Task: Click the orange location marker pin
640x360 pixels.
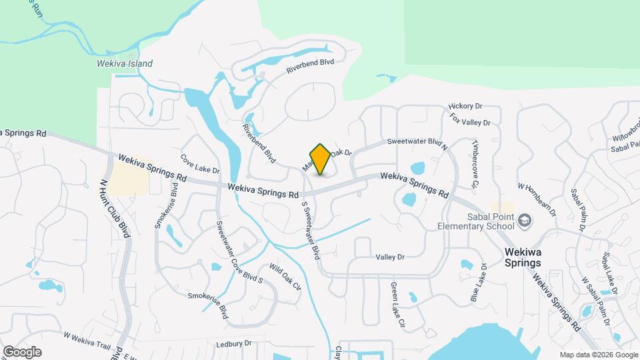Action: pos(320,159)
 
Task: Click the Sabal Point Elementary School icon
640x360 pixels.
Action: pos(525,219)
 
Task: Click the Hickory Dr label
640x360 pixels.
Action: pos(465,106)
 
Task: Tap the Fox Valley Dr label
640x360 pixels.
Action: pos(471,121)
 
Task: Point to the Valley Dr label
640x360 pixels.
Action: pos(390,257)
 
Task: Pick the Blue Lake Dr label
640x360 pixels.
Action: pos(479,283)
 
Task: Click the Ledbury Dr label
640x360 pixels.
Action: pos(232,343)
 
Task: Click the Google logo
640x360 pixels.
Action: pos(22,351)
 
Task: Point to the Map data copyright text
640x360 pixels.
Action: pos(598,355)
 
